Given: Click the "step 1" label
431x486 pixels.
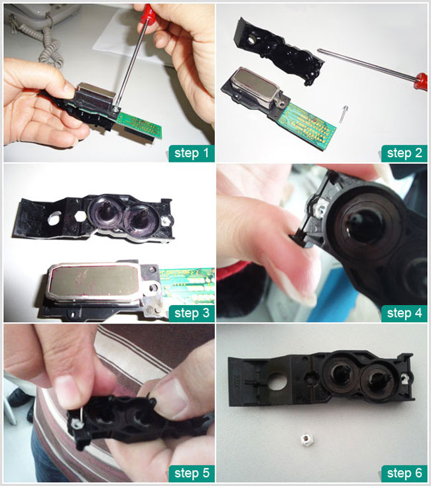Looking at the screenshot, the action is [192, 153].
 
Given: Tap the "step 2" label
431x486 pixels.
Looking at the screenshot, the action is [404, 153].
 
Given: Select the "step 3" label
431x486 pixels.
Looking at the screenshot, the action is [192, 314].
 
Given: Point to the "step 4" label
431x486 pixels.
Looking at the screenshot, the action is [404, 314].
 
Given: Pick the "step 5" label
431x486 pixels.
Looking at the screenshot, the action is [192, 473].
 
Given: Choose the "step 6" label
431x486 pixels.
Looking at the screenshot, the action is [404, 473].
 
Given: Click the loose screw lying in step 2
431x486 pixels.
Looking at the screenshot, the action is [343, 114].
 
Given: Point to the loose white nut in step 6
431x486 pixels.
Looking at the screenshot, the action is [306, 440].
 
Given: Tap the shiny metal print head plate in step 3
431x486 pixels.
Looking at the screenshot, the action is [95, 281].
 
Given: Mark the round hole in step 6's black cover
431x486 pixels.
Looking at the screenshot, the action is [278, 381].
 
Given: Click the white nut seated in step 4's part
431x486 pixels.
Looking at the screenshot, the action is [321, 207].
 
